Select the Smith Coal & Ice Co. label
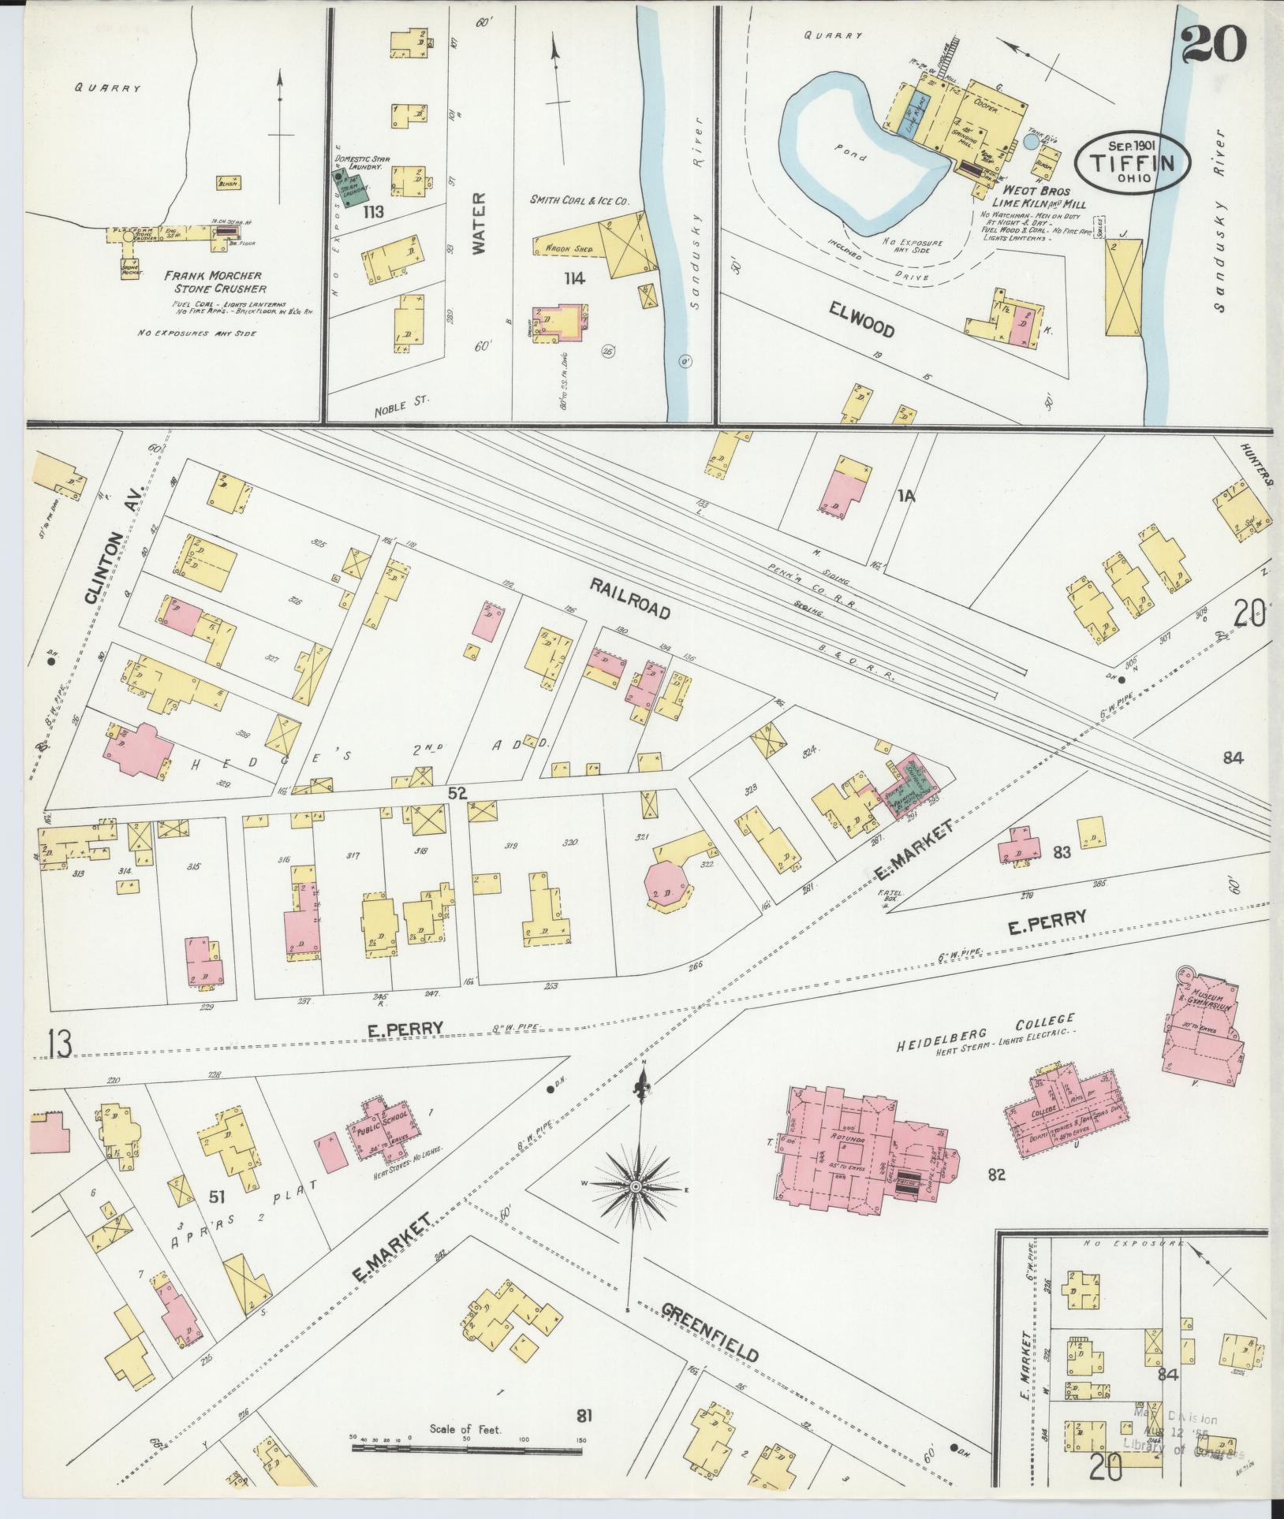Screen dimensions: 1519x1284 pos(580,202)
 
